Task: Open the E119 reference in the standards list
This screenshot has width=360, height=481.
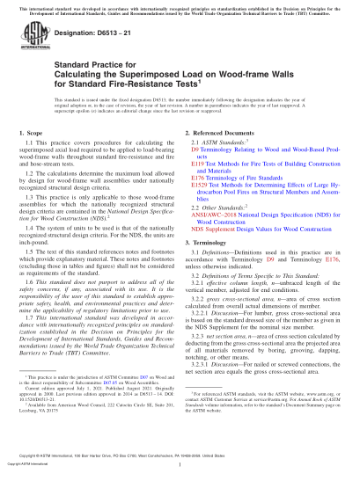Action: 199,164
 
